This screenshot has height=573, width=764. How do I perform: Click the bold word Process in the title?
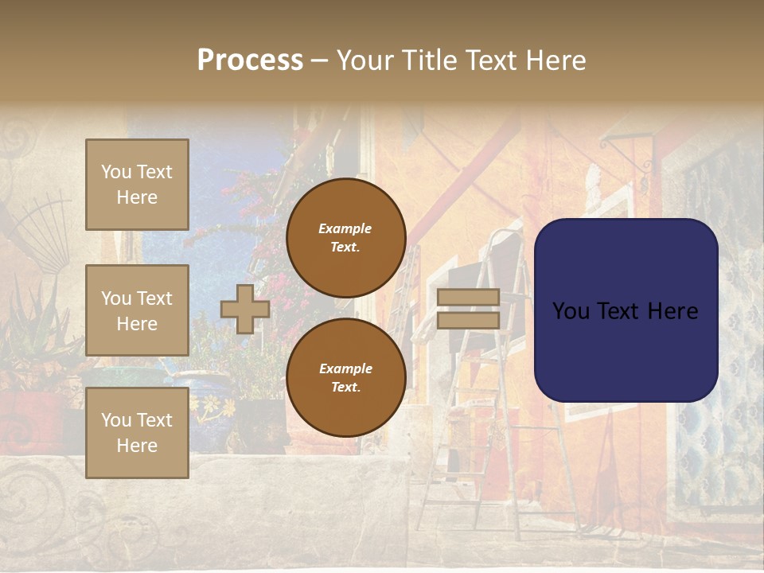pyautogui.click(x=250, y=60)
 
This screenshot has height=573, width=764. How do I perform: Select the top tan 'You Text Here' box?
pyautogui.click(x=137, y=185)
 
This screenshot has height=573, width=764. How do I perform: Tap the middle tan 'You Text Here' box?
pyautogui.click(x=137, y=310)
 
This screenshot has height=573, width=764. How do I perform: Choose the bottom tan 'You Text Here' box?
pyautogui.click(x=137, y=433)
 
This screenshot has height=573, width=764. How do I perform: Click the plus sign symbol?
pyautogui.click(x=245, y=309)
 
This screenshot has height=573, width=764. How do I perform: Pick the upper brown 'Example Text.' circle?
pyautogui.click(x=345, y=237)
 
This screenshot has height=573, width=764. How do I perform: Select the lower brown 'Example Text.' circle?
pyautogui.click(x=345, y=377)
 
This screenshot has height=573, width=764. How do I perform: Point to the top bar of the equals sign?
pyautogui.click(x=468, y=298)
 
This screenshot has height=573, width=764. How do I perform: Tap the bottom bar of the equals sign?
pyautogui.click(x=468, y=320)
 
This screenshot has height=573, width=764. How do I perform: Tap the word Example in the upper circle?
pyautogui.click(x=345, y=228)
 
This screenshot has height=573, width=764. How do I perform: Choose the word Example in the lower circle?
pyautogui.click(x=345, y=368)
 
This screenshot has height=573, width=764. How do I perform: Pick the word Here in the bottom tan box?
pyautogui.click(x=137, y=446)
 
